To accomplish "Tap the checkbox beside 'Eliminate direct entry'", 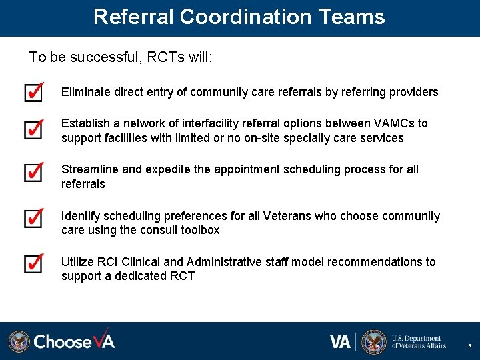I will pos(33,92).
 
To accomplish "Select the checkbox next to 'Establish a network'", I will pos(33,129).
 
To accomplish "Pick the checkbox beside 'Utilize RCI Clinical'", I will pos(33,263).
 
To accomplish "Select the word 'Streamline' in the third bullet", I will pos(89,169).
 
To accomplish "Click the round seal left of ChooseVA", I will pos(19,341).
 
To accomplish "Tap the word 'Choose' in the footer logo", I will pos(63,341).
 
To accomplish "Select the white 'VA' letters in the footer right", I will pos(340,342).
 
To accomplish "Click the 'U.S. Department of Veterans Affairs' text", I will pos(419,342).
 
